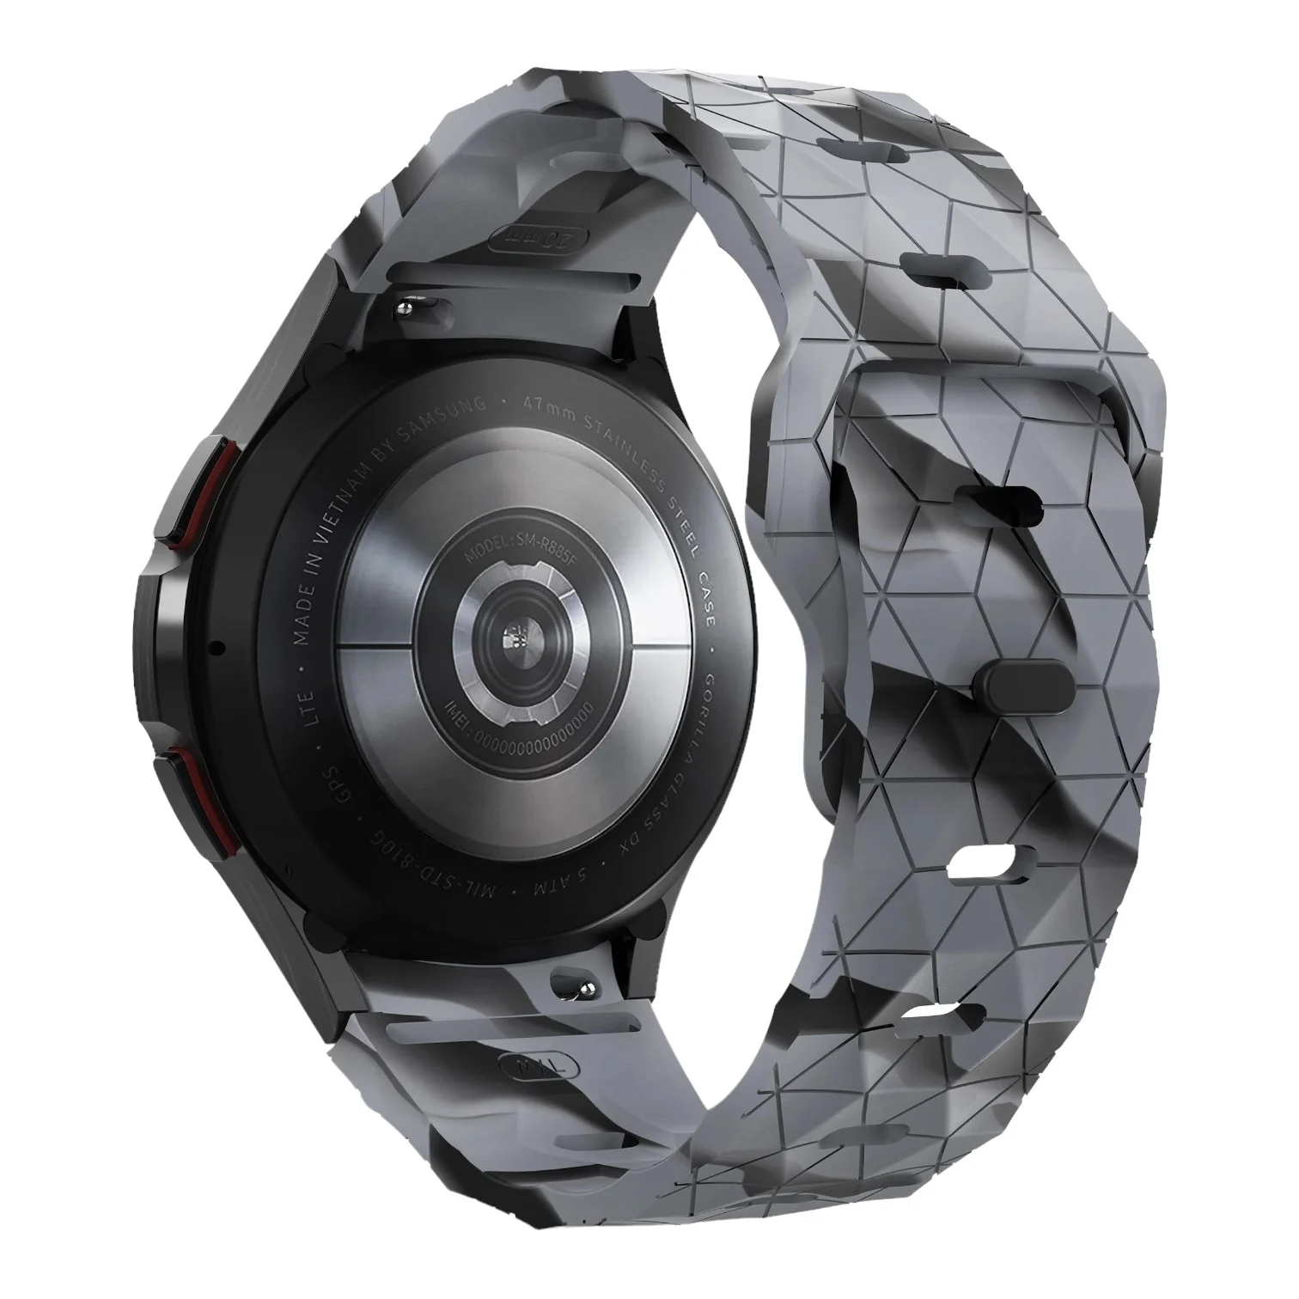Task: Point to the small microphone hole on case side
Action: pos(216,646)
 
